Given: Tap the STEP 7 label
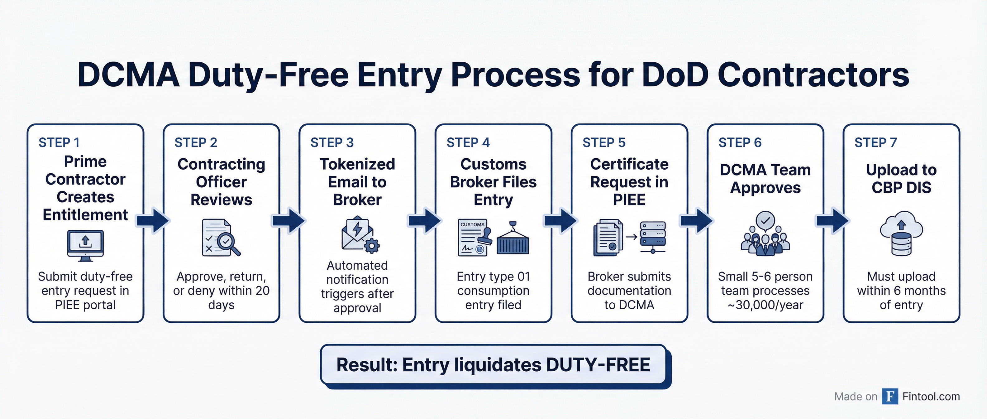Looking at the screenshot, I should pyautogui.click(x=875, y=142).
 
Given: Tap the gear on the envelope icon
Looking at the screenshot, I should pyautogui.click(x=371, y=245).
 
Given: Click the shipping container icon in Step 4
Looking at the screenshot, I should pyautogui.click(x=513, y=242).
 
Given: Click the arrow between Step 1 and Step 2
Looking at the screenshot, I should pyautogui.click(x=153, y=220).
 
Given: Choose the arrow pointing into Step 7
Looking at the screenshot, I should pyautogui.click(x=832, y=220).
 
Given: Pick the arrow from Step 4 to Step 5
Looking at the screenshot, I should pyautogui.click(x=560, y=220).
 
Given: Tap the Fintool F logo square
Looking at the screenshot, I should pyautogui.click(x=890, y=396).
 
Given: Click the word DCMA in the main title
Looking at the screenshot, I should pyautogui.click(x=128, y=75).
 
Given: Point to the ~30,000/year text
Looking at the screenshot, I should pyautogui.click(x=765, y=305).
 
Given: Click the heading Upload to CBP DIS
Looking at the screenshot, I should pyautogui.click(x=901, y=179).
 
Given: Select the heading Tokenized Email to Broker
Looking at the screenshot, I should pyautogui.click(x=357, y=182).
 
